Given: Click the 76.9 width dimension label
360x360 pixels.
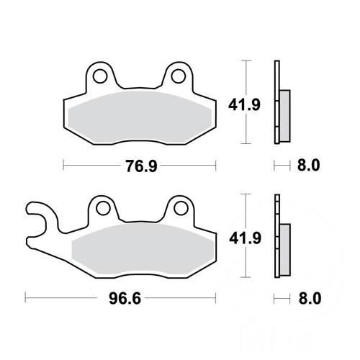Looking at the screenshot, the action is tap(142, 166).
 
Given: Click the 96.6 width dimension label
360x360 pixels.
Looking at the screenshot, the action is tap(125, 299).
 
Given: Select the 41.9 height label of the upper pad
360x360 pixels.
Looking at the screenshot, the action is tap(244, 105).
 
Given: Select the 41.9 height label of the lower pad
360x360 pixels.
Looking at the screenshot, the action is tap(245, 238).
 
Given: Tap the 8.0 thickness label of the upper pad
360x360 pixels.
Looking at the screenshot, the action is tap(309, 166).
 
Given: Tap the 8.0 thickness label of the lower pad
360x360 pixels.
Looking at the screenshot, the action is tap(310, 299).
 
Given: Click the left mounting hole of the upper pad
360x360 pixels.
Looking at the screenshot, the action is tap(100, 76).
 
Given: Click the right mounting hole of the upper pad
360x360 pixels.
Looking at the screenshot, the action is tap(179, 76).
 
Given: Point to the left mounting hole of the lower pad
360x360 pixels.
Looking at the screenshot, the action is tap(103, 208).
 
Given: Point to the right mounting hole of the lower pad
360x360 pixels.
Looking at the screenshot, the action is tap(181, 208).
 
